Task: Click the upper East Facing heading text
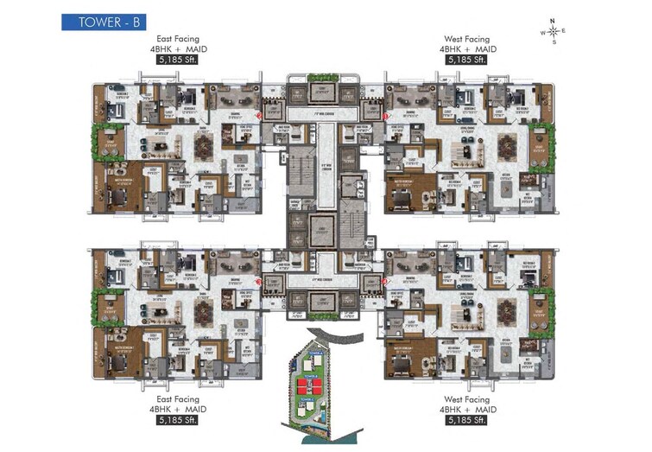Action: point(179,39)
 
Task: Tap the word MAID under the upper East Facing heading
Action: point(194,49)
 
